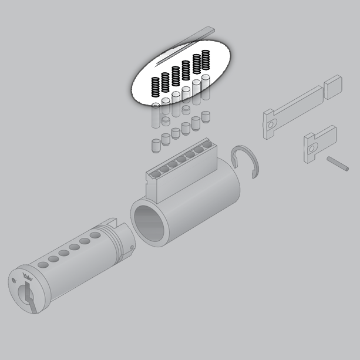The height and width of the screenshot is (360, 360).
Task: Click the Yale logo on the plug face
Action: (x=28, y=277)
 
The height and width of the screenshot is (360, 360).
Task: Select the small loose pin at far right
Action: (x=338, y=164)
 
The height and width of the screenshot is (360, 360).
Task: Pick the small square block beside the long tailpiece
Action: (x=333, y=87)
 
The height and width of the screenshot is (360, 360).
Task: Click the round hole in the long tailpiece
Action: (x=271, y=125)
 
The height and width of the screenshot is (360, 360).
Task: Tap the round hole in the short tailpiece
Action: (x=312, y=149)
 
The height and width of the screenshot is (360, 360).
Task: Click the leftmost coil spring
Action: (x=156, y=87)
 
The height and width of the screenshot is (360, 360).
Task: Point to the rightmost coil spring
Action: (x=206, y=60)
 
